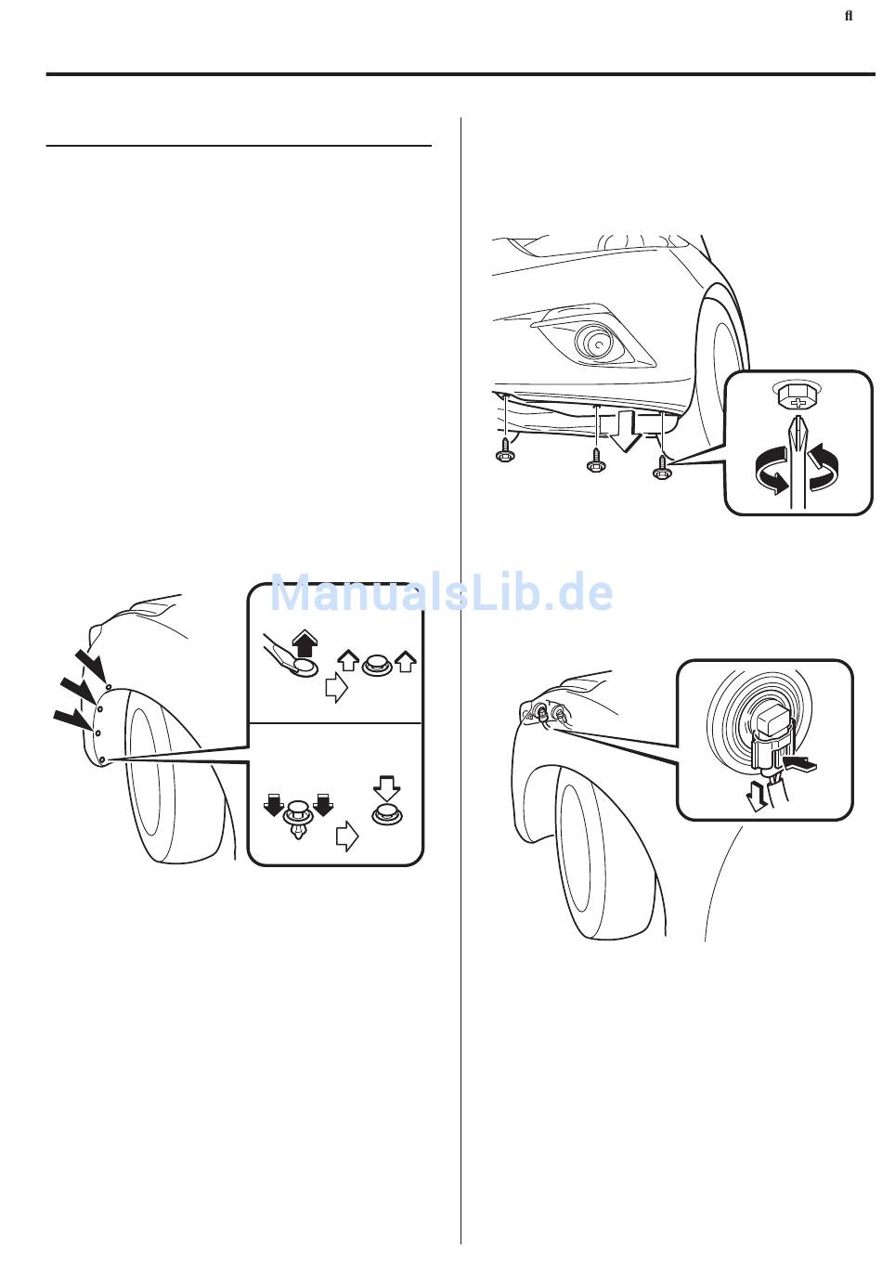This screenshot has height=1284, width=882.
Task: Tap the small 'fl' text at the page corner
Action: pyautogui.click(x=849, y=16)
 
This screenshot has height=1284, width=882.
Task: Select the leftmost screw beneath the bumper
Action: pyautogui.click(x=504, y=451)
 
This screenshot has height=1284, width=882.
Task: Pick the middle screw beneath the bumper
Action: pyautogui.click(x=596, y=460)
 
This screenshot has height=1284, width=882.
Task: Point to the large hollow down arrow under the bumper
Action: pyautogui.click(x=625, y=429)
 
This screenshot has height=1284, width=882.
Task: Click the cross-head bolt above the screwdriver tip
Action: pyautogui.click(x=797, y=396)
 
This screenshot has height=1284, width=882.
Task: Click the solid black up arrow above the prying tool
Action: pyautogui.click(x=304, y=642)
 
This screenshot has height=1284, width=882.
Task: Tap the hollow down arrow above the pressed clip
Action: pyautogui.click(x=387, y=787)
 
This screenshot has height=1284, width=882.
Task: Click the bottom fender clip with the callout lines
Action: pyautogui.click(x=102, y=760)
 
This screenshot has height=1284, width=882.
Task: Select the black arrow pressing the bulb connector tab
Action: pyautogui.click(x=798, y=763)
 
